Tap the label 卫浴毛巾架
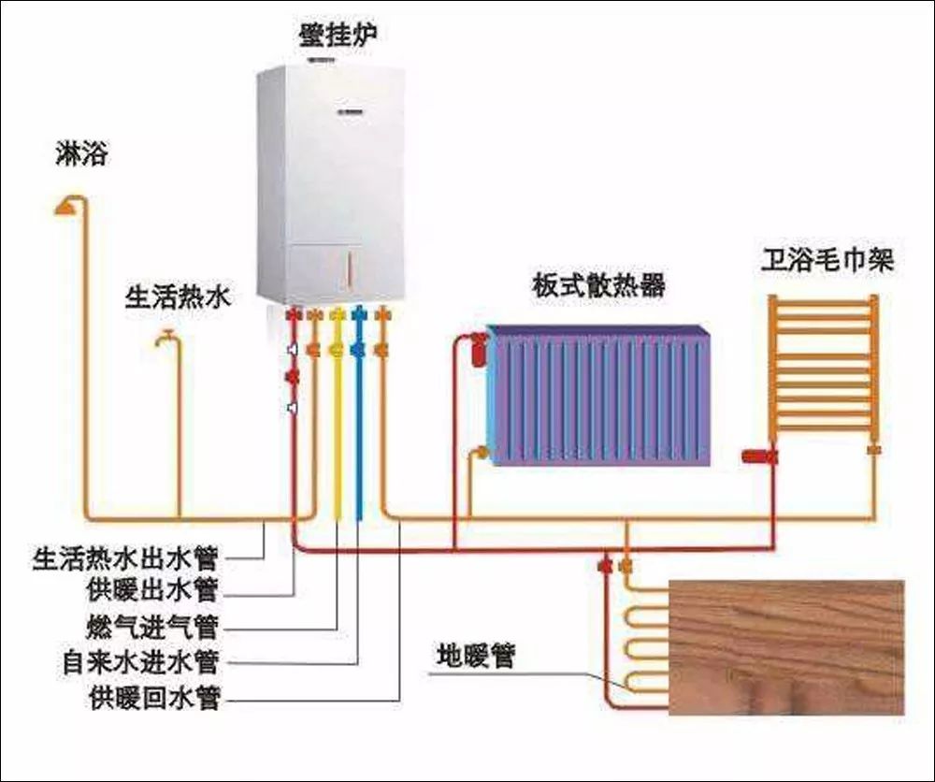click(826, 260)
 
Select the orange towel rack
click(823, 369)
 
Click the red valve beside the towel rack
click(755, 456)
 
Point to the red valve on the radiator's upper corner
click(480, 347)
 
